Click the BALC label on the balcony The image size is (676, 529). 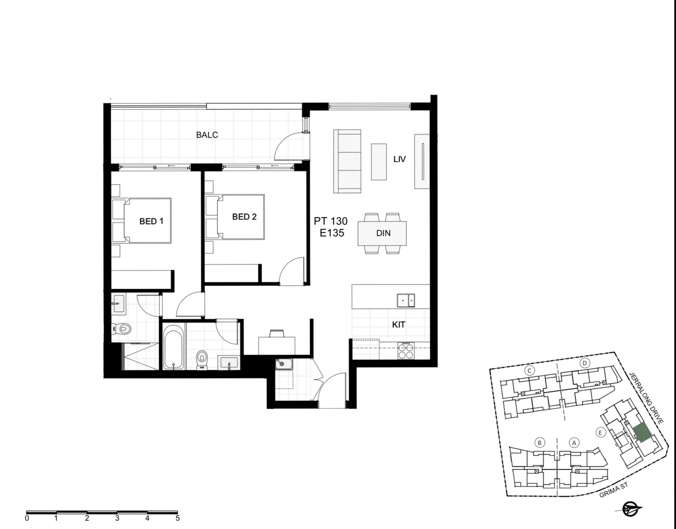point(207,135)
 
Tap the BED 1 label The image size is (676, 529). point(151,221)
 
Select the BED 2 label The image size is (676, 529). point(244,216)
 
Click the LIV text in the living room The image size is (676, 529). point(399,159)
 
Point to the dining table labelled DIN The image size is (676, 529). point(382,233)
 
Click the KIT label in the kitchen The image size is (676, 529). point(398,324)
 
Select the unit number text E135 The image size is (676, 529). point(332,233)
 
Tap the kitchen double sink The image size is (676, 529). point(406,300)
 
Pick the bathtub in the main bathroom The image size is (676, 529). point(174,346)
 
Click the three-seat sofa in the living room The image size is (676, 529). point(347,161)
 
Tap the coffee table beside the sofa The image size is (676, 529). point(379,162)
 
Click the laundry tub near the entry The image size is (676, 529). point(284,364)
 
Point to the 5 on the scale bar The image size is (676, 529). point(177,518)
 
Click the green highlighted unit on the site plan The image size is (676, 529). point(642,433)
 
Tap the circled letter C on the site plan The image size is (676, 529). point(530,370)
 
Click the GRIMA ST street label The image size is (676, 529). point(613,490)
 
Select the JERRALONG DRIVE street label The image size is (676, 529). point(646,397)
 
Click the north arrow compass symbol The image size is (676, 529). point(629,509)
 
